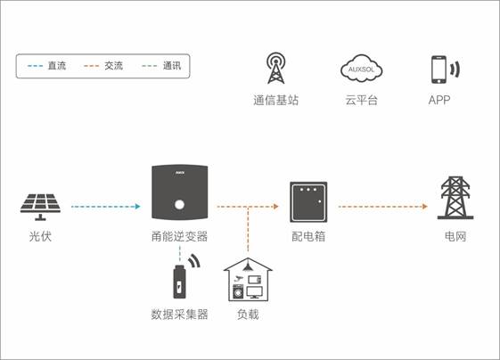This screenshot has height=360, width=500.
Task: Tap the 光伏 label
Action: (40, 236)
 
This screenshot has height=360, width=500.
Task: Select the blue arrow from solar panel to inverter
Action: (106, 207)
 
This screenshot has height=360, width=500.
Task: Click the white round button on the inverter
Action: (179, 204)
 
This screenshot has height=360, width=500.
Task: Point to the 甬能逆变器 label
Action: (179, 236)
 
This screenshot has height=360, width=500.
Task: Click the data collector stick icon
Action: (179, 282)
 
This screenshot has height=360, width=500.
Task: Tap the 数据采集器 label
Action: (179, 315)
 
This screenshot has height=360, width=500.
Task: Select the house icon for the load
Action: (248, 280)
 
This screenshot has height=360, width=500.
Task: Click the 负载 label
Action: (248, 315)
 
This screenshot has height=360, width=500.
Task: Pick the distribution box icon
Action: (308, 202)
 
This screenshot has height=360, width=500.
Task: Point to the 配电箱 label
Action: (308, 236)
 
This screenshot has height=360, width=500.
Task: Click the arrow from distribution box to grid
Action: (383, 207)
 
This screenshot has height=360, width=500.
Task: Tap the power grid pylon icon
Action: (455, 198)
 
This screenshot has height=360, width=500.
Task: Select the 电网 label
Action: (455, 236)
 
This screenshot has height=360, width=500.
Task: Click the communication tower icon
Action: (275, 69)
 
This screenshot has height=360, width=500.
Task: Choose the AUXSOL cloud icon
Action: (361, 69)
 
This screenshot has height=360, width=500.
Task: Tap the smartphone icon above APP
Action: (439, 70)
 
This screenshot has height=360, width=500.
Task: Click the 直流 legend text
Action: (57, 66)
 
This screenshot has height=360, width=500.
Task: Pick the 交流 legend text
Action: (113, 66)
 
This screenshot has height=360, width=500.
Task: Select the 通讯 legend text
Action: (172, 66)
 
